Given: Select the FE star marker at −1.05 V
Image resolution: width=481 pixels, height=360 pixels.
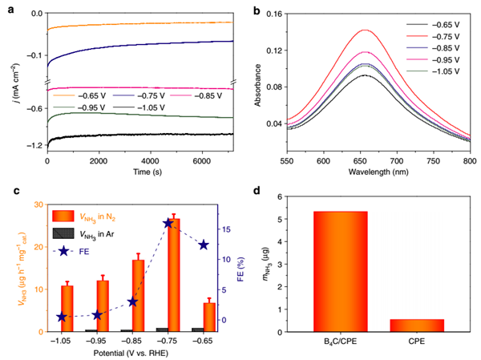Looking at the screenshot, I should pyautogui.click(x=62, y=317).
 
